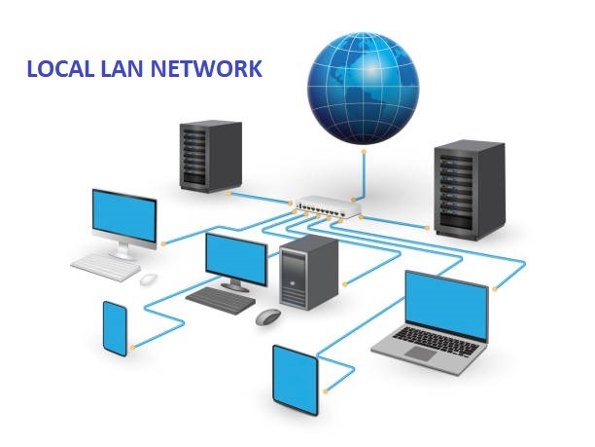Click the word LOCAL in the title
pos(60,69)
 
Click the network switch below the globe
pos(328,207)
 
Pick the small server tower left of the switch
pos(209,155)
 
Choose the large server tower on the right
pos(470,189)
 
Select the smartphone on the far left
pos(115,327)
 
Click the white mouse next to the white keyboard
pos(148,279)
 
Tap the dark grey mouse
pos(268,317)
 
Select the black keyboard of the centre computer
pos(221,299)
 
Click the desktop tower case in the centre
pos(308,272)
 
